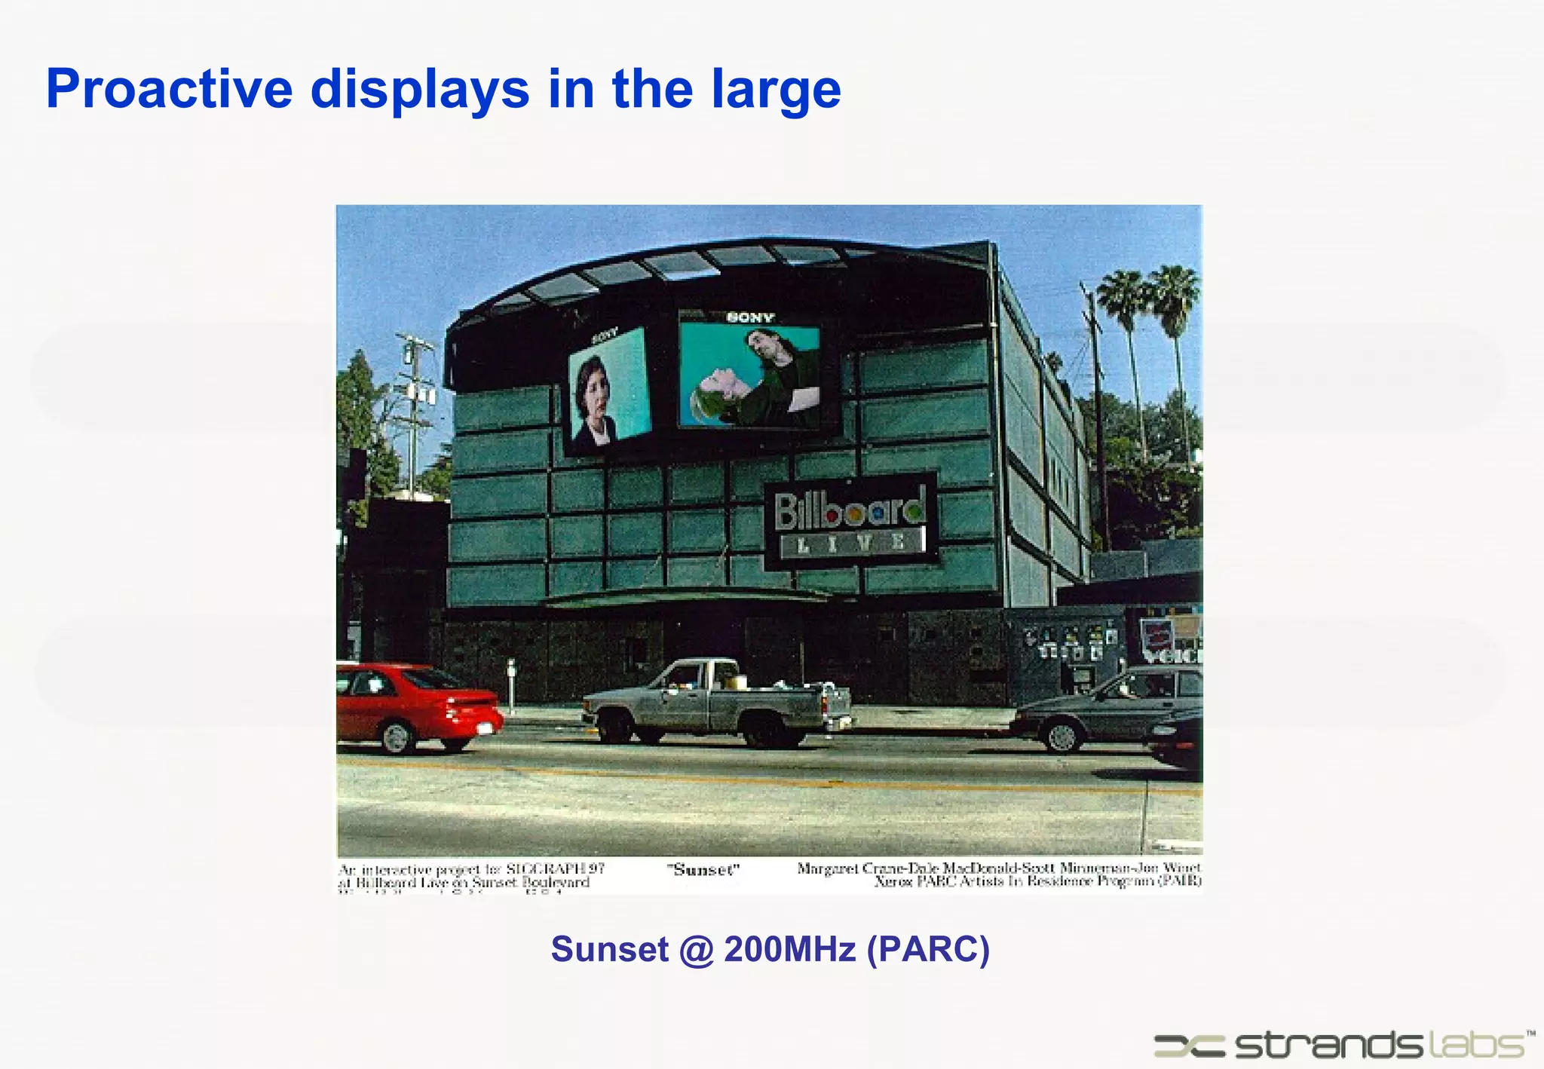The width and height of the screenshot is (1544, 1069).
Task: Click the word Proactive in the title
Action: [169, 90]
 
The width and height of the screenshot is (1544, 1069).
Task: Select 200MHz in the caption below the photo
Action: [789, 949]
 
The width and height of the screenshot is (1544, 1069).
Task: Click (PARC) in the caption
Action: [928, 949]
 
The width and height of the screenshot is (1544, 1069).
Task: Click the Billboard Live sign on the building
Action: [850, 521]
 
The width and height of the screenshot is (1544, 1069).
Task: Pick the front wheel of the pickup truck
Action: [615, 726]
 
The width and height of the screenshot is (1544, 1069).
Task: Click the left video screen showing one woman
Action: [608, 387]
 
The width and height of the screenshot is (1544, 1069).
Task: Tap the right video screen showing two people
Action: [750, 376]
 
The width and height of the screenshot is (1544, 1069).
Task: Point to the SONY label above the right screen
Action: [750, 317]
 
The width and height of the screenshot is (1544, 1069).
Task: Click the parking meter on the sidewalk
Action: [511, 682]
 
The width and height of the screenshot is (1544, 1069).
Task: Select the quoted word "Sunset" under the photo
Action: [703, 870]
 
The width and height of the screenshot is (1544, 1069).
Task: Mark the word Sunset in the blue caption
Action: [609, 949]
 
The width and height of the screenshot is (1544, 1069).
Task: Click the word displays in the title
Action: [420, 90]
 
